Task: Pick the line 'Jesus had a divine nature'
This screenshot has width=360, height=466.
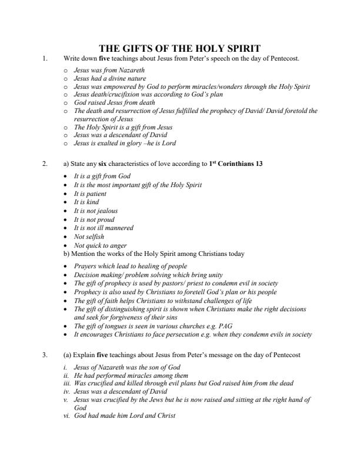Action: coord(109,78)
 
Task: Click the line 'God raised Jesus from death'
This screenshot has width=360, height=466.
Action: coord(112,102)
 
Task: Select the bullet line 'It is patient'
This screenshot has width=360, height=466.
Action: coord(91,193)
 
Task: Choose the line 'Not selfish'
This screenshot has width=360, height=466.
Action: coord(89,237)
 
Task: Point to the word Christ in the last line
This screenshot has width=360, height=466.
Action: coord(165,415)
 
